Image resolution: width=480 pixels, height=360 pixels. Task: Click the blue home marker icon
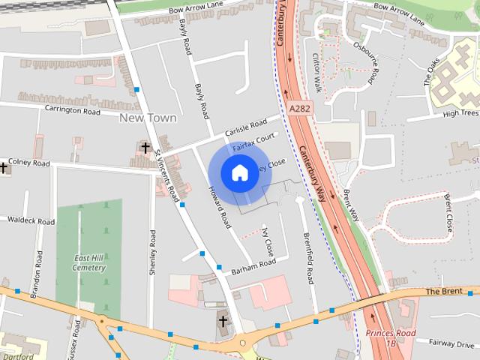238,173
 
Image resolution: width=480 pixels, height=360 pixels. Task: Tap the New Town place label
148,118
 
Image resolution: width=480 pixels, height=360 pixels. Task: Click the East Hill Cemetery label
90,262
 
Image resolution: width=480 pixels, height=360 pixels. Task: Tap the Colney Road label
30,163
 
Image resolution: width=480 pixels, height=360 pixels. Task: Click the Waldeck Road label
31,221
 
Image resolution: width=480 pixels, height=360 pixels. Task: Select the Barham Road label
253,266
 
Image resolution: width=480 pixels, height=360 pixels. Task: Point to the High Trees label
460,113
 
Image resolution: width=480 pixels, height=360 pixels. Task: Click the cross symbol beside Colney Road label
4,168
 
